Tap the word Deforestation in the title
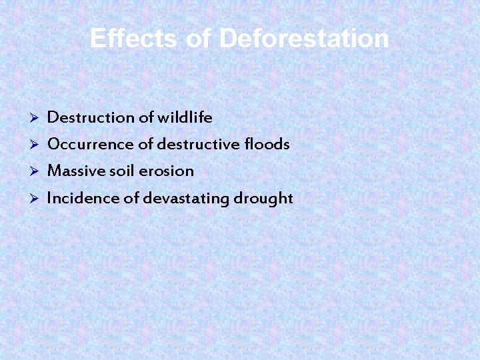pos(303,38)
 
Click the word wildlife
pos(185,118)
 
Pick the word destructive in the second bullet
pos(199,144)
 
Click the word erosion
pos(166,171)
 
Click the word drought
pos(263,199)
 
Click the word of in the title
pos(199,38)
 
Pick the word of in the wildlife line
pos(146,118)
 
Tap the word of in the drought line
pos(131,198)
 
